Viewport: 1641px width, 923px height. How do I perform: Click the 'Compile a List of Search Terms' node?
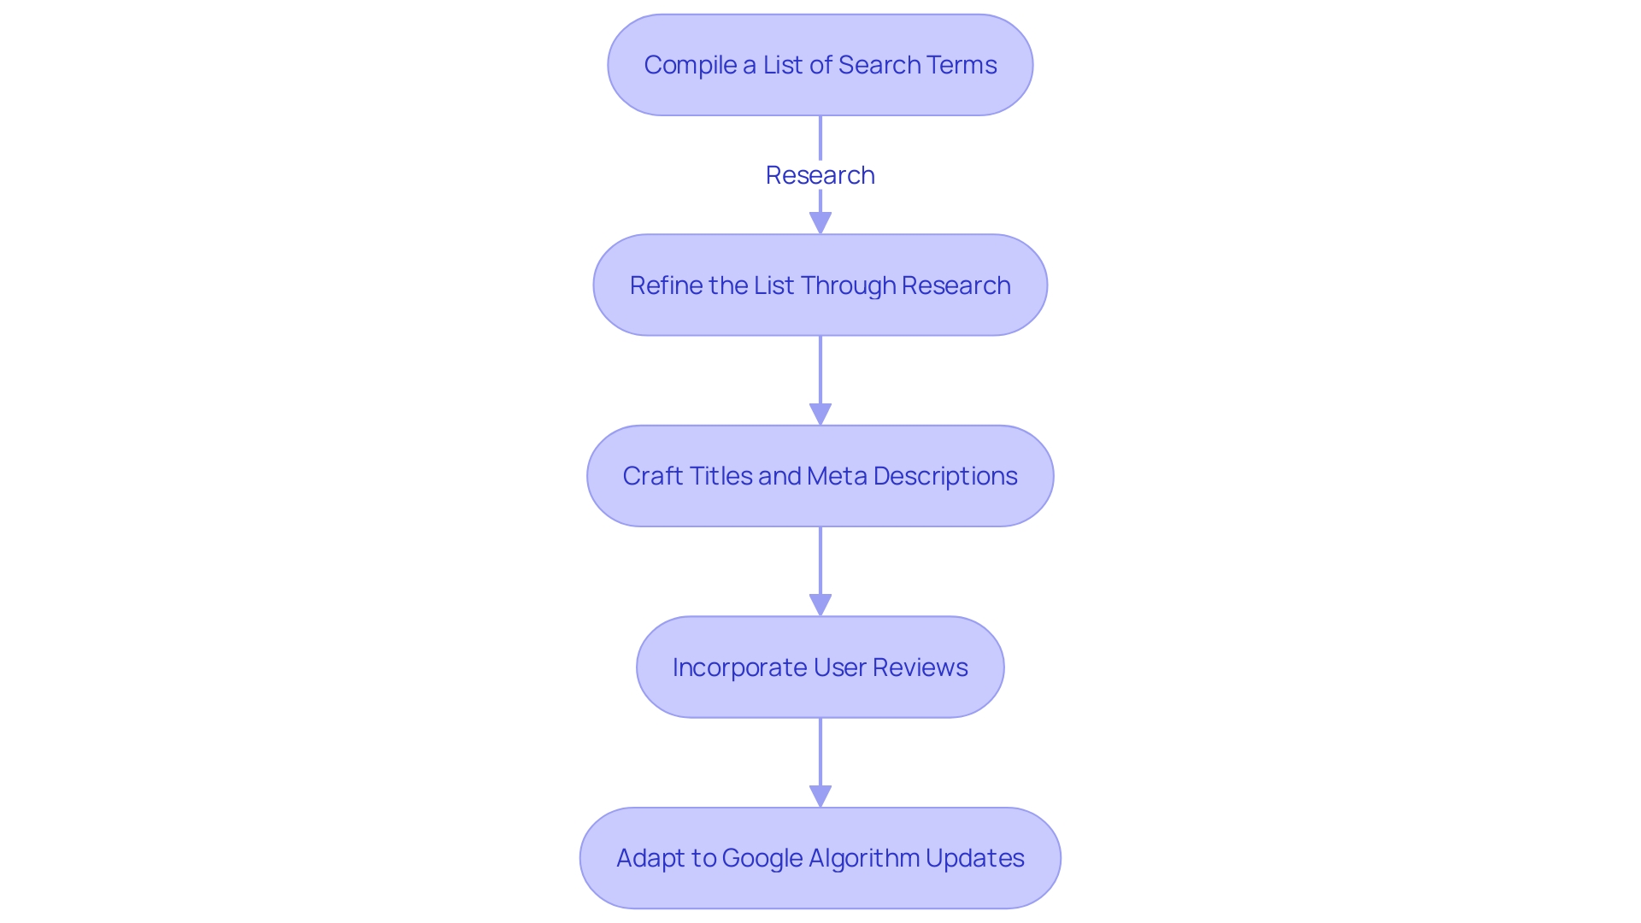click(x=820, y=65)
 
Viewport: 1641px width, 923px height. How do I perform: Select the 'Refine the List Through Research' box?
click(x=820, y=285)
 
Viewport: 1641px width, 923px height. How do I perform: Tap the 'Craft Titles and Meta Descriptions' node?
click(x=820, y=476)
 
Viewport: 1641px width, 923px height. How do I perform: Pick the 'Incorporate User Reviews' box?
click(x=820, y=667)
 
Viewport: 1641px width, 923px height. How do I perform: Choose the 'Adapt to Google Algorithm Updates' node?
click(x=820, y=858)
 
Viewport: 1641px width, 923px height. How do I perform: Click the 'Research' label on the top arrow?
click(x=820, y=175)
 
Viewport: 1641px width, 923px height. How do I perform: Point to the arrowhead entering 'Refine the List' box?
click(x=820, y=224)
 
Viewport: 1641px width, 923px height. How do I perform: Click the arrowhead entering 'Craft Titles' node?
click(x=820, y=414)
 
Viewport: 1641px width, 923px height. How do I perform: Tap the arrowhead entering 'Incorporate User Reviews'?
click(x=820, y=606)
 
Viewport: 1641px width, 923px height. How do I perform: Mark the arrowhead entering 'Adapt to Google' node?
click(x=820, y=797)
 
